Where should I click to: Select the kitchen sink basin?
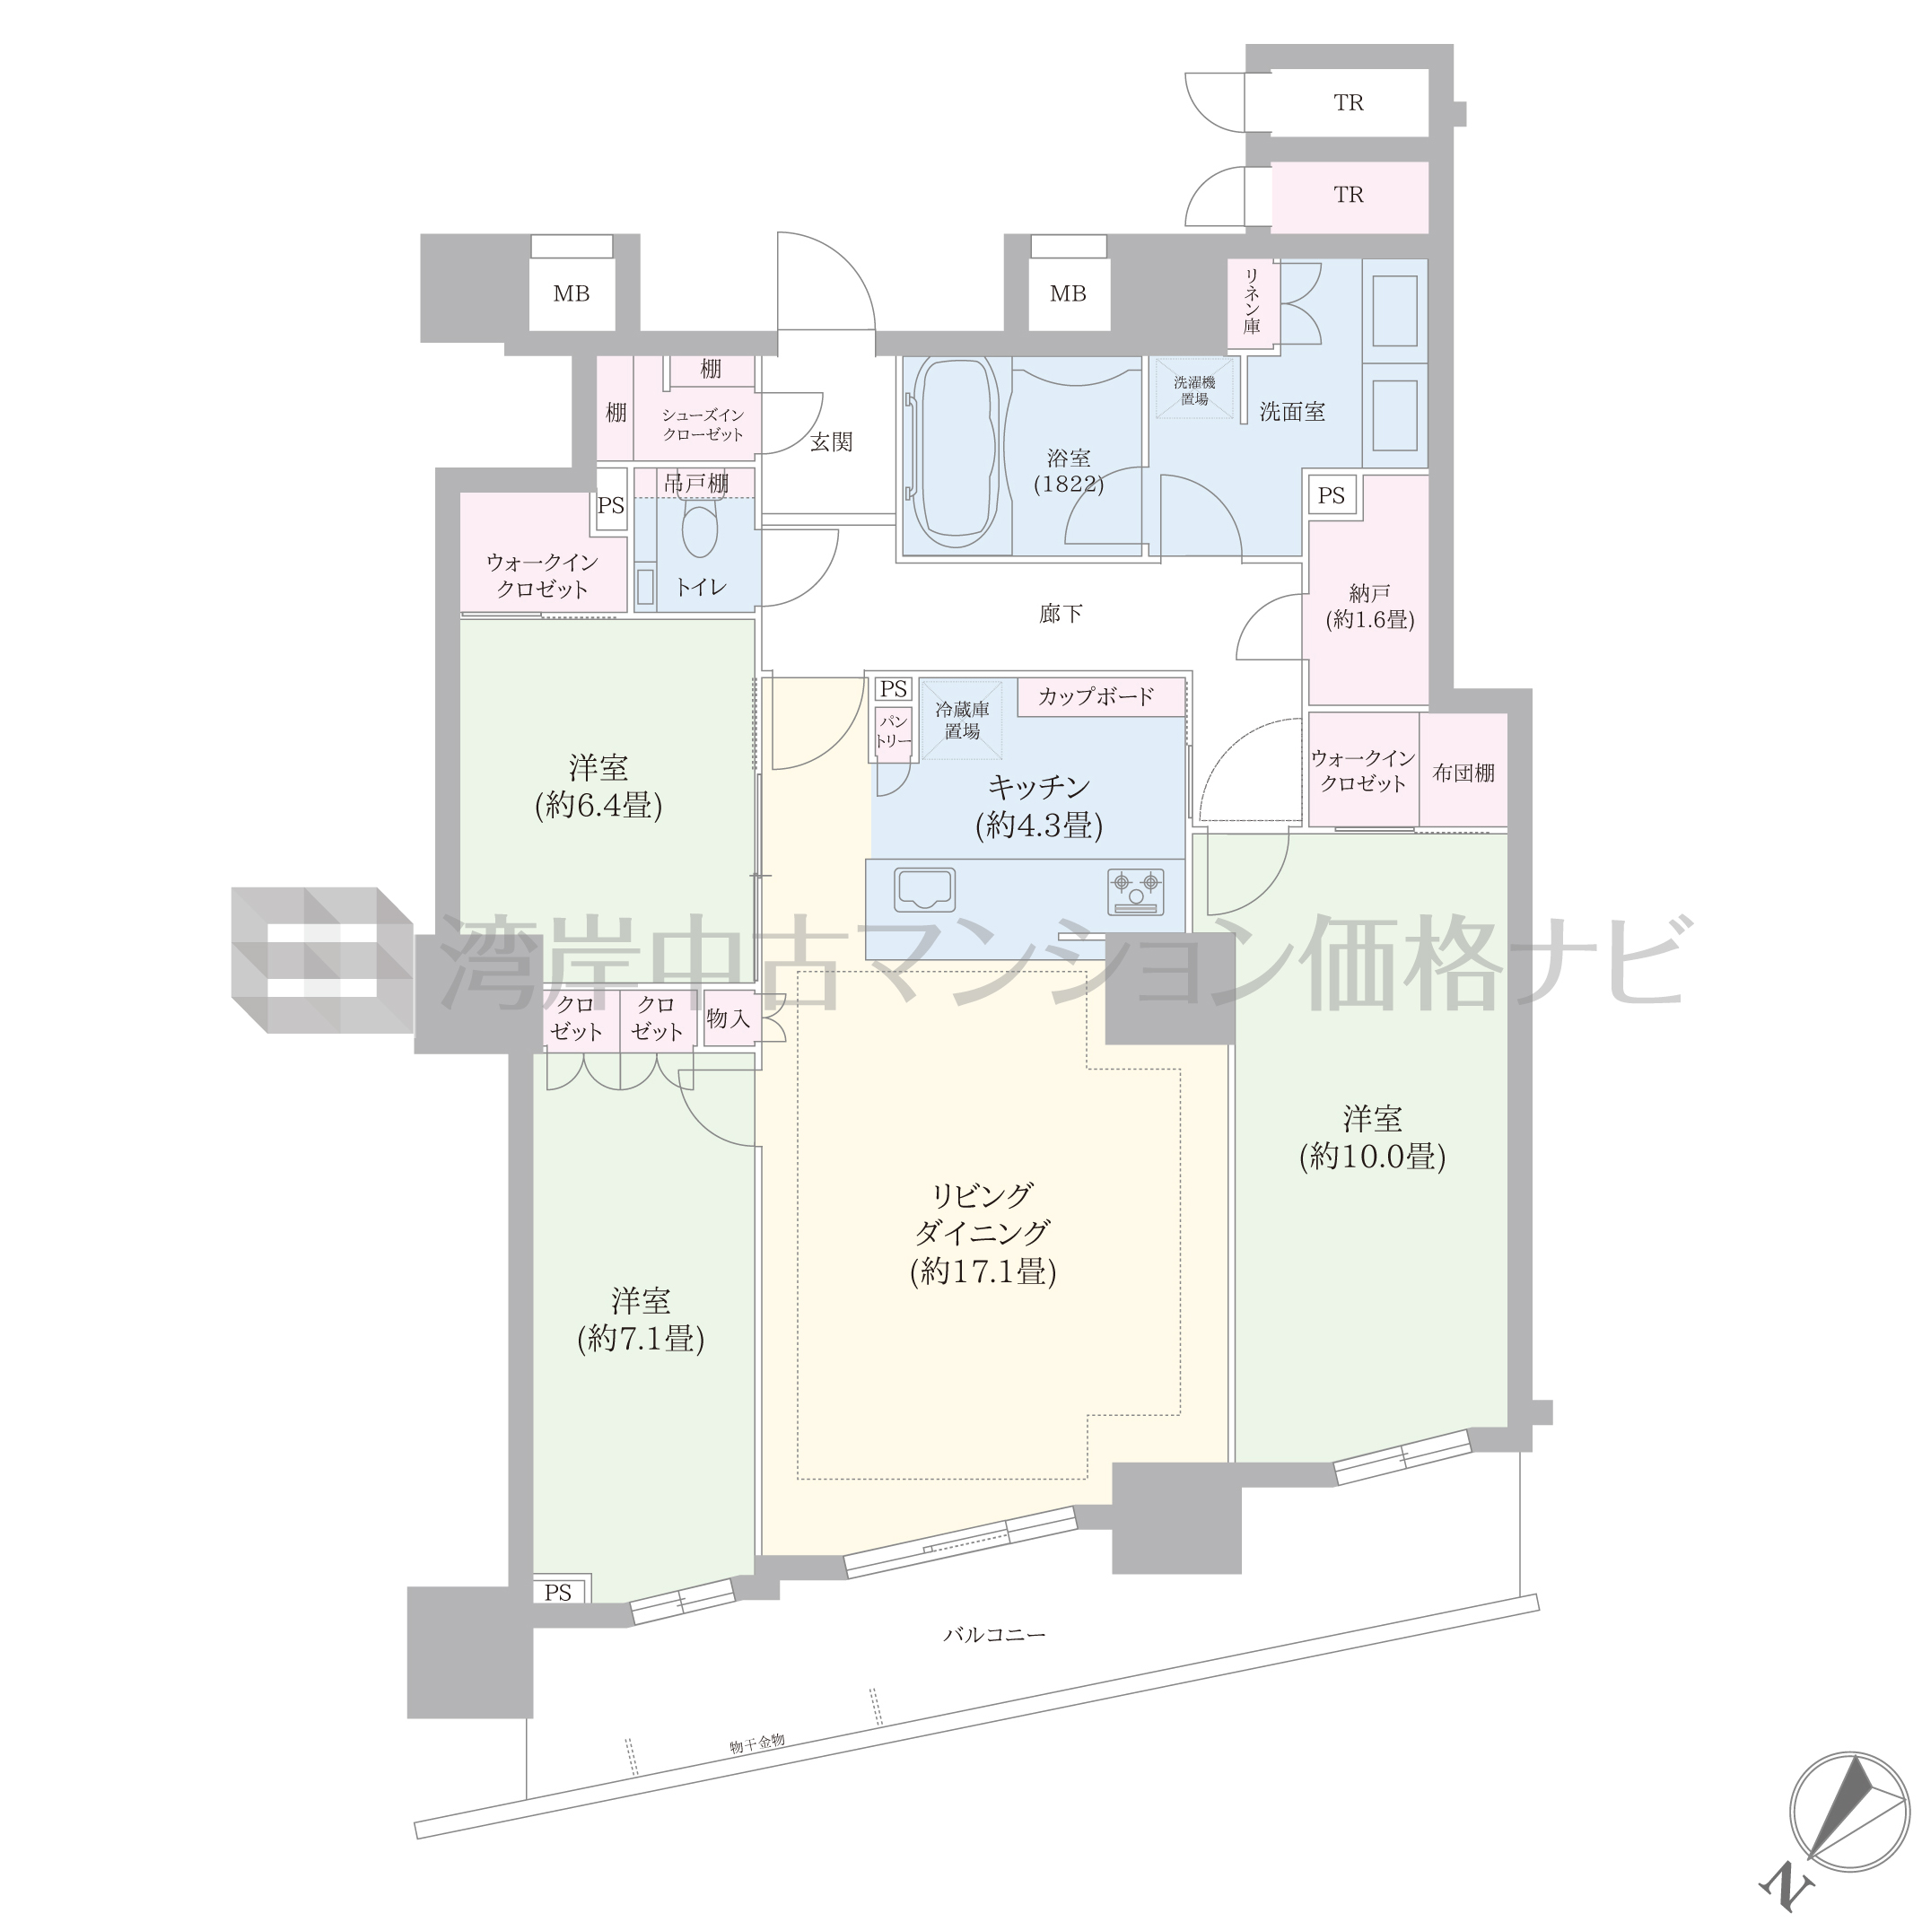click(925, 889)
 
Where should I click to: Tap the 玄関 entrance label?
click(831, 441)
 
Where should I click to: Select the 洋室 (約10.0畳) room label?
click(1372, 1136)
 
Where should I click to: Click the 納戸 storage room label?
click(1369, 606)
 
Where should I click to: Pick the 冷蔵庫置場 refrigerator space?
click(961, 721)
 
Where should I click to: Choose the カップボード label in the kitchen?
click(1096, 696)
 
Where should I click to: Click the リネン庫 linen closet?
click(1253, 303)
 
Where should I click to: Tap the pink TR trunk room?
click(1349, 196)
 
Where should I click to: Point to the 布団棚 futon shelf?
click(1463, 771)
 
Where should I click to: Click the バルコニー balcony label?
click(994, 1633)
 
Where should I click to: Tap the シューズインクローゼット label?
click(703, 424)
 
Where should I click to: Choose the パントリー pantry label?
click(894, 732)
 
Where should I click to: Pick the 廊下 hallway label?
click(1061, 614)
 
